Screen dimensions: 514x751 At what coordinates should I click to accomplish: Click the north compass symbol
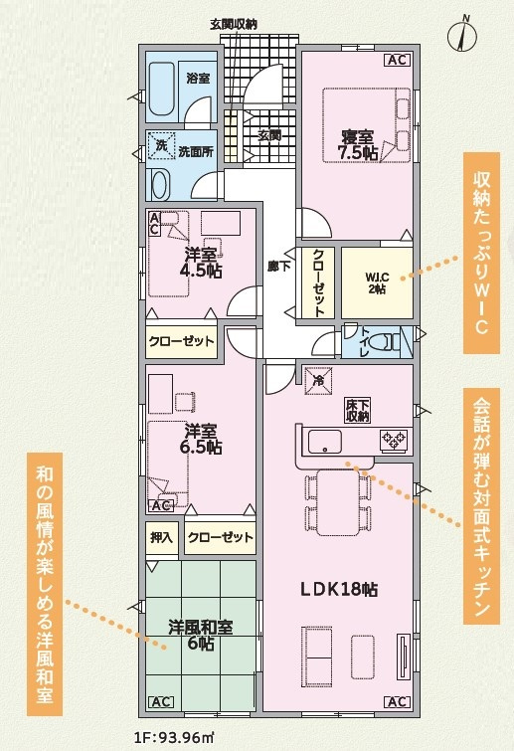(462, 35)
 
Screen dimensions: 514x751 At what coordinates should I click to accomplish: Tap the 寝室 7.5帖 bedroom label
(357, 145)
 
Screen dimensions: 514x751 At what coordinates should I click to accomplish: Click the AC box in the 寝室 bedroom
(398, 61)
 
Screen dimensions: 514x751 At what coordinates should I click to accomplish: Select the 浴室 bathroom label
(198, 78)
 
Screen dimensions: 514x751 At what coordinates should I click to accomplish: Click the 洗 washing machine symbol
(161, 146)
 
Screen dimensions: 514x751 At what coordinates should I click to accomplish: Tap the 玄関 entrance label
(268, 136)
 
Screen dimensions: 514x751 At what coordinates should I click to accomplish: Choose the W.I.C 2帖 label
(377, 282)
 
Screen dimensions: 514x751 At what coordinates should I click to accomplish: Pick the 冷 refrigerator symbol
(318, 381)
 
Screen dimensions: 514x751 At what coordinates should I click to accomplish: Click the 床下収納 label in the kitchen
(358, 411)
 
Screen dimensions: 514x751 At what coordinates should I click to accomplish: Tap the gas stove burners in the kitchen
(395, 441)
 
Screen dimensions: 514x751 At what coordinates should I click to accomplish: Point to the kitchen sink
(325, 441)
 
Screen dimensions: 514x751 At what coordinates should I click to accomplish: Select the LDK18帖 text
(339, 590)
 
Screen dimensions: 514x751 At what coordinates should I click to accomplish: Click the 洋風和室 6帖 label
(201, 635)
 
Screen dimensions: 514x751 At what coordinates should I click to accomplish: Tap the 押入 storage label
(161, 537)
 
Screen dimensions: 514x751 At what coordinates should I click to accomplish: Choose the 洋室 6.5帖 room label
(201, 438)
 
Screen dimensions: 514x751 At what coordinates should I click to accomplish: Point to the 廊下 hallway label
(278, 266)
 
